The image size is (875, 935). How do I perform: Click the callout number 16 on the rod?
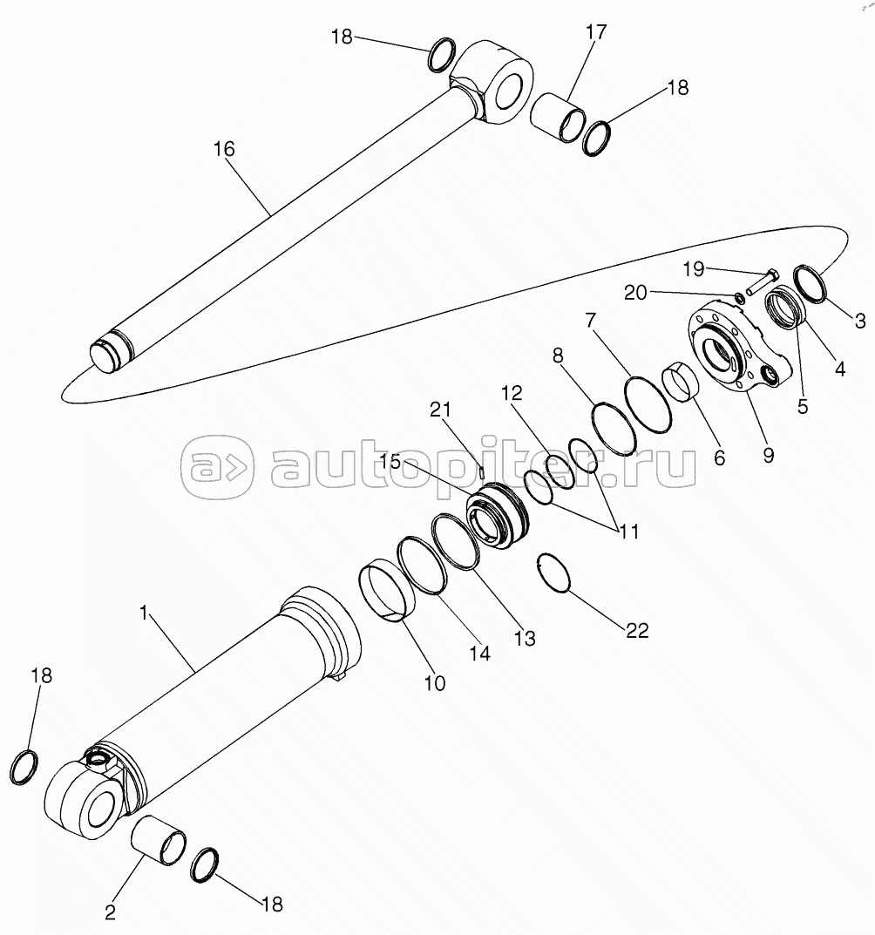click(x=224, y=148)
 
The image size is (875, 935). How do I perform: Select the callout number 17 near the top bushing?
click(x=596, y=31)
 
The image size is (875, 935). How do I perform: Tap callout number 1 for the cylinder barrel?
click(x=143, y=613)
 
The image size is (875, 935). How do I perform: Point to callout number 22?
click(x=637, y=630)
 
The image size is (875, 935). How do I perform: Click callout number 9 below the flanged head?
click(x=768, y=456)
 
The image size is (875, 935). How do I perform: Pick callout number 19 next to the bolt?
click(x=694, y=269)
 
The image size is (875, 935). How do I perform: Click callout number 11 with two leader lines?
click(x=628, y=531)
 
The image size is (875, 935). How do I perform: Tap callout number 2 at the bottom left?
click(x=111, y=912)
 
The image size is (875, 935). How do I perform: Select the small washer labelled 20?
click(x=738, y=297)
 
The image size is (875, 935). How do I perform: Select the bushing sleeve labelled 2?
click(x=159, y=840)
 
